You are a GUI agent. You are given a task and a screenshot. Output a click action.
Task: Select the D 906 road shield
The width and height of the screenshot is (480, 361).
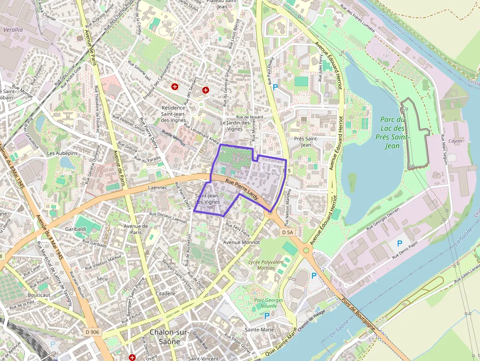[92, 332]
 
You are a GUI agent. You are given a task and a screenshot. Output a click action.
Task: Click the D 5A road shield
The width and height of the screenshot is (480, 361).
[288, 233]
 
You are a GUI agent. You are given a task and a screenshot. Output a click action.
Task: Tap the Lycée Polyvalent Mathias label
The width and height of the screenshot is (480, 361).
[266, 265]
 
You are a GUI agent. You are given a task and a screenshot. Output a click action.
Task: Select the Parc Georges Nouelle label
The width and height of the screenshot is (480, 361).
[268, 303]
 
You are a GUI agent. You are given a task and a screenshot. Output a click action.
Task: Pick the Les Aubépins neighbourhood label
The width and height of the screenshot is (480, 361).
[62, 153]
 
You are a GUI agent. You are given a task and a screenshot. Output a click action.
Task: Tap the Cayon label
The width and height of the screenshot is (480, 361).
[455, 141]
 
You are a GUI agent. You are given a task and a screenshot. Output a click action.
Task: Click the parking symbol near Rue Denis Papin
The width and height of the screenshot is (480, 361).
[399, 243]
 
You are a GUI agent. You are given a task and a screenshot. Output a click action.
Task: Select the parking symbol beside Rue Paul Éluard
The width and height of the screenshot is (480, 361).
[275, 87]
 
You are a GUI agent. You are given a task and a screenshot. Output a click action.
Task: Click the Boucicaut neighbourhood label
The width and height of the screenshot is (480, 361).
[39, 295]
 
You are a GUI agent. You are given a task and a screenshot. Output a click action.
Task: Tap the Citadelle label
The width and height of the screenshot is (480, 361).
[165, 293]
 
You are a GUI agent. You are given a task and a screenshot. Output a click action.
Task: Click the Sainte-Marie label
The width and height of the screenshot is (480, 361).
[260, 330]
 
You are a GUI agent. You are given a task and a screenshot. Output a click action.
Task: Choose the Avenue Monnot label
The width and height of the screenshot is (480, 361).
[241, 242]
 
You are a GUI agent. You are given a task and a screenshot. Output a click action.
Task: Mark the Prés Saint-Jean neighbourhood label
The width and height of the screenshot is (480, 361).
[306, 142]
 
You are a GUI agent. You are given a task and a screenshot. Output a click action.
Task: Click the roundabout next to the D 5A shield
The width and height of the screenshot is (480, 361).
[307, 250]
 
